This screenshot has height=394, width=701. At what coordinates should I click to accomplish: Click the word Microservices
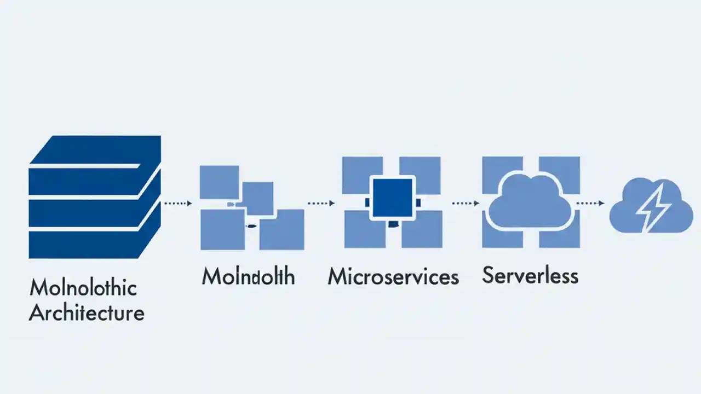(x=393, y=276)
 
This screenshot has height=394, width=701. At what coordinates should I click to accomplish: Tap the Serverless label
(x=530, y=275)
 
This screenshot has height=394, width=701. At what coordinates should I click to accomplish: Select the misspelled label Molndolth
(x=248, y=276)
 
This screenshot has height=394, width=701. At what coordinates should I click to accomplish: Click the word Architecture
(x=87, y=313)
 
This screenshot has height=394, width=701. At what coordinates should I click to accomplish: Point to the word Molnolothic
(x=83, y=288)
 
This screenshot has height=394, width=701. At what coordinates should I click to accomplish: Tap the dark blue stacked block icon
(x=95, y=197)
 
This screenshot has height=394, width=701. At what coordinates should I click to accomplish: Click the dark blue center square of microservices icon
(x=392, y=198)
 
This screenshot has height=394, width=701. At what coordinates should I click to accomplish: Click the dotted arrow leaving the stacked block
(x=177, y=203)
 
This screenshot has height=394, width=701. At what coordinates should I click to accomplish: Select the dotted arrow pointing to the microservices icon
(x=321, y=203)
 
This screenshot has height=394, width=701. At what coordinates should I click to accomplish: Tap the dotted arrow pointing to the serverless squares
(x=466, y=203)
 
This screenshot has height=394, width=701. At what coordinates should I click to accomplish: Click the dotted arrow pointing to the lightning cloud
(x=590, y=203)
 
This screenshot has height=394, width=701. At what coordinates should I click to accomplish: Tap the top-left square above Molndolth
(x=219, y=182)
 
